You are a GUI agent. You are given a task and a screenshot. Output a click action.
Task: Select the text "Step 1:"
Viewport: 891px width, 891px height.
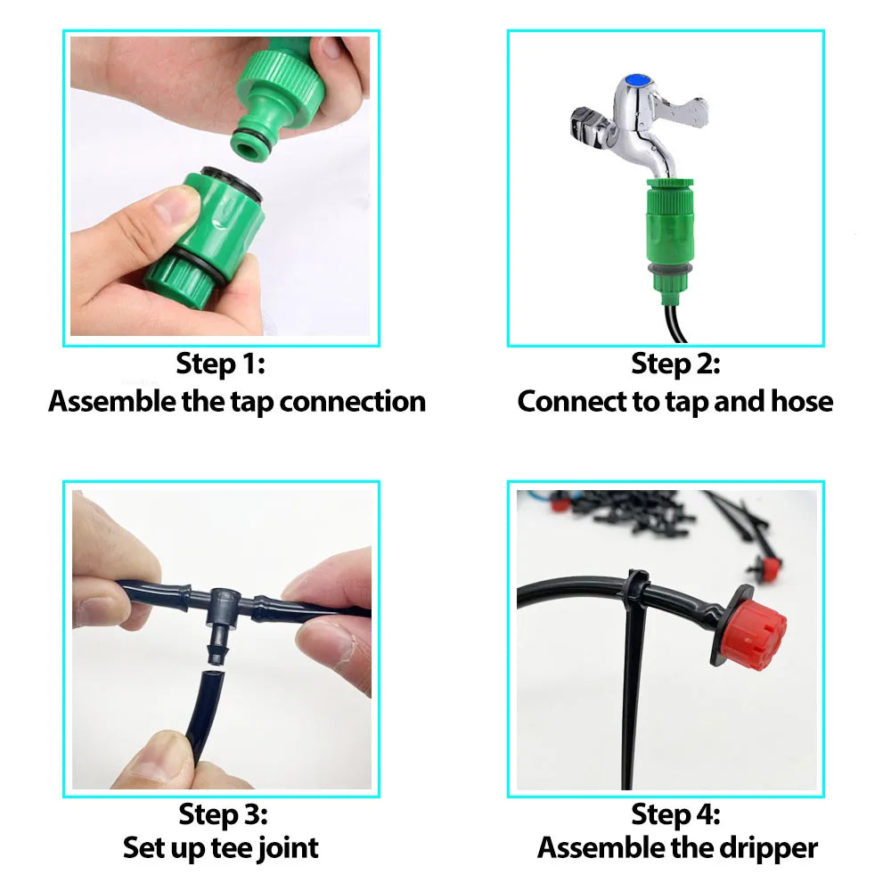(221, 364)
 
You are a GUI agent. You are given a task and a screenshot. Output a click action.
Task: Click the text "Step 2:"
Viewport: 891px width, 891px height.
(675, 364)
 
